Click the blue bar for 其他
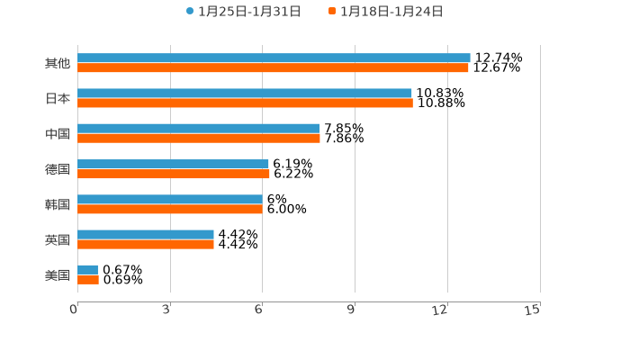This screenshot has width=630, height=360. [274, 58]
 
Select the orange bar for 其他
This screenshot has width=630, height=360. [273, 67]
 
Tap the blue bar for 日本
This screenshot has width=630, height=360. [245, 93]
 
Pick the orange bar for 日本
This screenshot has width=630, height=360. [245, 103]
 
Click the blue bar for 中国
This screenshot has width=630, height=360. [198, 128]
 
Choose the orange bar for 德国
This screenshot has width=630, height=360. [174, 174]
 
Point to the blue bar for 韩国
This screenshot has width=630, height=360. [170, 199]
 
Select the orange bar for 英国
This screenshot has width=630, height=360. [146, 244]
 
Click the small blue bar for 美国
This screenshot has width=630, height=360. [87, 269]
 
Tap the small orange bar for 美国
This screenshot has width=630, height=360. [88, 279]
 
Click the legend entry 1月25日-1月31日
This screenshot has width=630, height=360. [243, 12]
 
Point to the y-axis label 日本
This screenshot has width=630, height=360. [58, 98]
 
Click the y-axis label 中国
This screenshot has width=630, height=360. [58, 133]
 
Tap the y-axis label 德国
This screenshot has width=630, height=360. [58, 169]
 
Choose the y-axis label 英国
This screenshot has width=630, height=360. [58, 239]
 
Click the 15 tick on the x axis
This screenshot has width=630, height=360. [532, 310]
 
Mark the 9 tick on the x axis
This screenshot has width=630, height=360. [352, 310]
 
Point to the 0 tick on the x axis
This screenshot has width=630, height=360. [74, 310]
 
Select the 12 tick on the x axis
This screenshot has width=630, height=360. [440, 310]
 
